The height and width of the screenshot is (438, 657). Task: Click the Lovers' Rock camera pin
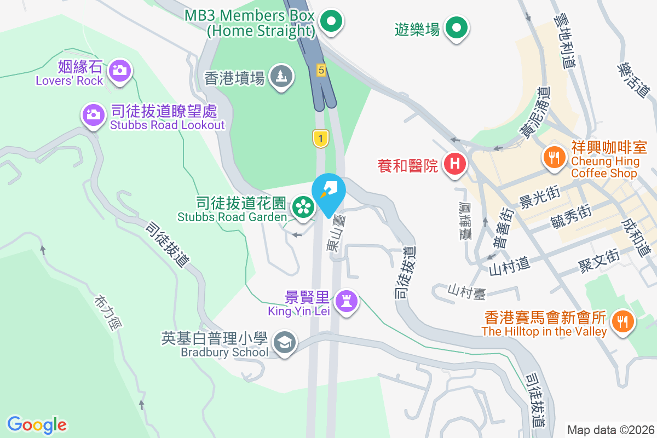(x=119, y=70)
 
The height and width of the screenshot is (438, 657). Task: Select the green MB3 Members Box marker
(x=331, y=22)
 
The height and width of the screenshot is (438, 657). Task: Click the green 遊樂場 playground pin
(x=456, y=27)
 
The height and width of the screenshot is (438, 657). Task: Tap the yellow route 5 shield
(x=321, y=70)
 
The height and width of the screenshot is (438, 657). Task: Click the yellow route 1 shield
(x=320, y=138)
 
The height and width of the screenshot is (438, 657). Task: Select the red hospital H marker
(x=454, y=163)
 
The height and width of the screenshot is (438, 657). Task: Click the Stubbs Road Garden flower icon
(x=302, y=206)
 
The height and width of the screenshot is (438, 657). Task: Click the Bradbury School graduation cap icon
(x=285, y=343)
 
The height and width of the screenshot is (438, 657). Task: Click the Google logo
(x=37, y=424)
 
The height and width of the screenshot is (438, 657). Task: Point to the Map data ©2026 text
(x=610, y=430)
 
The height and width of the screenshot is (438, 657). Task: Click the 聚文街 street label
(x=598, y=260)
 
